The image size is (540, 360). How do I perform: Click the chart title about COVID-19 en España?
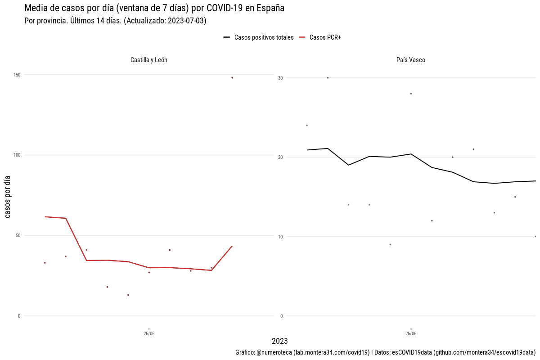(154, 8)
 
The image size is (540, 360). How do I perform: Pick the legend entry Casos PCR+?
(325, 37)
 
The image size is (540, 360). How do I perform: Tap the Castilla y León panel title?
(148, 60)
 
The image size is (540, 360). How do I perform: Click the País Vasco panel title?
(410, 60)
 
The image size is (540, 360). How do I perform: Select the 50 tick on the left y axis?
(18, 235)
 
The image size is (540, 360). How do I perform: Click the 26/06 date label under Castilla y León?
(149, 334)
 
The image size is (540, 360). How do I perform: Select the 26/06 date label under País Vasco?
(411, 334)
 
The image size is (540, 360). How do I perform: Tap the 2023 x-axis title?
(280, 341)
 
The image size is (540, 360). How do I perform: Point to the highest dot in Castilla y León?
(232, 78)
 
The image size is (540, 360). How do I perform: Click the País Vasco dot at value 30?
(328, 78)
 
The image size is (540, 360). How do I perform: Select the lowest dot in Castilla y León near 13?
(128, 295)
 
